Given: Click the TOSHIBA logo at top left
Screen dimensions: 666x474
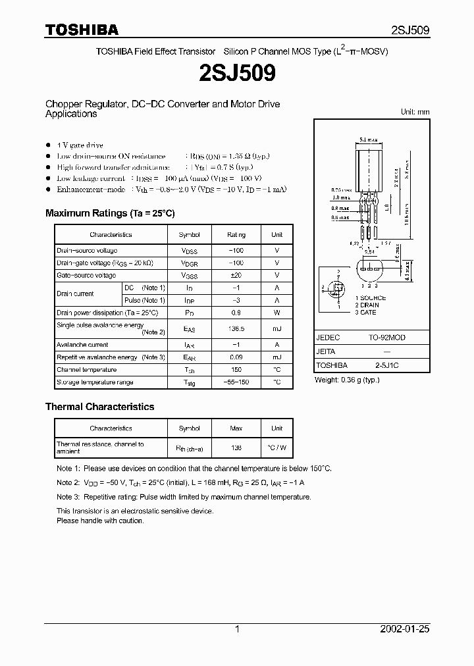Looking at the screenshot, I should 82,30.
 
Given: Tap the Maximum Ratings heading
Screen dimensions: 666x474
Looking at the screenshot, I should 110,213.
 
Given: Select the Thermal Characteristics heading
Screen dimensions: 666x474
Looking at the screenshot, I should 99,407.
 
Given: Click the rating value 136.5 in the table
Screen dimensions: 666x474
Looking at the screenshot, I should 236,328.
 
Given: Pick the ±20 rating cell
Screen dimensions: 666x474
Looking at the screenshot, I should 236,275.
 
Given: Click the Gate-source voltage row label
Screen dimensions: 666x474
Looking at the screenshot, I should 86,275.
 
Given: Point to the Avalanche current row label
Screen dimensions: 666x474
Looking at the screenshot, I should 82,345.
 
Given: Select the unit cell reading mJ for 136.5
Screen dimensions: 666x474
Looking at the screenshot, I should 276,328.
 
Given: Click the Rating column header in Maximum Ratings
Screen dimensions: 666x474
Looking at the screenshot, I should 236,234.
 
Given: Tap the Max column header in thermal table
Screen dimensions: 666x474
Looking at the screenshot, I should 236,428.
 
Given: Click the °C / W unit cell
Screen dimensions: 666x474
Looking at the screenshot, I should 276,448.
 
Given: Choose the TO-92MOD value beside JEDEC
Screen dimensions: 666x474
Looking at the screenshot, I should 386,338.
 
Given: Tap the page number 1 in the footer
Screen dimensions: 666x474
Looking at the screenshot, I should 237,629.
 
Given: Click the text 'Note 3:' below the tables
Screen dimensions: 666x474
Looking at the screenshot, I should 68,497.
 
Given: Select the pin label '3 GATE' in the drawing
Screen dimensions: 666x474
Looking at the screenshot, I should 365,313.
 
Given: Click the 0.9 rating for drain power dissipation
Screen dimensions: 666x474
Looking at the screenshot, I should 236,313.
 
